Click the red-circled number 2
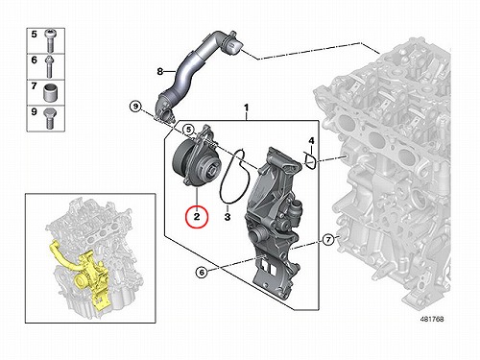click(x=197, y=217)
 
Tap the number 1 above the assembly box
click(x=246, y=108)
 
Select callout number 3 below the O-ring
click(x=228, y=217)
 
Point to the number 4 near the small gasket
click(x=311, y=140)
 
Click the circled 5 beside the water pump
click(x=189, y=130)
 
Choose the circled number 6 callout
click(x=202, y=273)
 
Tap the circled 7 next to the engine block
click(x=328, y=239)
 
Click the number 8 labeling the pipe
click(x=160, y=71)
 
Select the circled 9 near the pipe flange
click(x=135, y=106)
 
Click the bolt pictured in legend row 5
click(x=50, y=40)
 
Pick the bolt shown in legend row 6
click(x=49, y=66)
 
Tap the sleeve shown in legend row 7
click(x=50, y=92)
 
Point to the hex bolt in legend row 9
click(x=50, y=118)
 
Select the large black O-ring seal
click(x=233, y=175)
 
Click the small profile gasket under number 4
click(x=310, y=161)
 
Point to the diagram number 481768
click(x=432, y=319)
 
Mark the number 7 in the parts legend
click(x=35, y=85)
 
